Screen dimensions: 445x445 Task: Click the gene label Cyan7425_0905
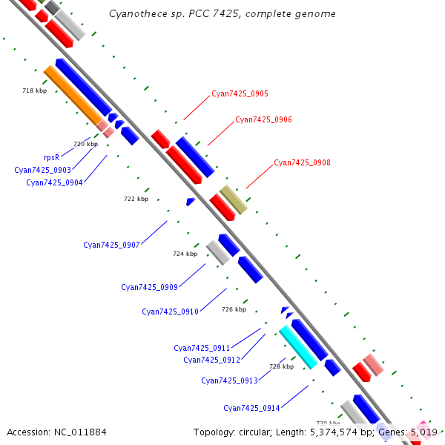pyautogui.click(x=240, y=93)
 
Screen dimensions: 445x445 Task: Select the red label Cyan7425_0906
pyautogui.click(x=263, y=119)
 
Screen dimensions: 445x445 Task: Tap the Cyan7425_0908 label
pyautogui.click(x=302, y=162)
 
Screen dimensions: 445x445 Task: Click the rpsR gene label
pyautogui.click(x=52, y=157)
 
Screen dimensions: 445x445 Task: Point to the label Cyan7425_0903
pyautogui.click(x=42, y=170)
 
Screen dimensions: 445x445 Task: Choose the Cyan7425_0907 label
pyautogui.click(x=111, y=245)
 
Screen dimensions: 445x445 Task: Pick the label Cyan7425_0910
pyautogui.click(x=171, y=311)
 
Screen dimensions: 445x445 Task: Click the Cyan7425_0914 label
pyautogui.click(x=251, y=408)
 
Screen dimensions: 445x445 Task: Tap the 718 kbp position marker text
pyautogui.click(x=35, y=90)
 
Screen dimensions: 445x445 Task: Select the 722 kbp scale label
pyautogui.click(x=136, y=199)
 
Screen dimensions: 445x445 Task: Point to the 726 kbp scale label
pyautogui.click(x=234, y=309)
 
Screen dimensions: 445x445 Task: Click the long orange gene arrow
pyautogui.click(x=73, y=95)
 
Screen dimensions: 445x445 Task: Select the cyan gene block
pyautogui.click(x=299, y=347)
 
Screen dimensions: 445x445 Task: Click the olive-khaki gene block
pyautogui.click(x=234, y=200)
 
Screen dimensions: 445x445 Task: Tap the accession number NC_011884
pyautogui.click(x=80, y=432)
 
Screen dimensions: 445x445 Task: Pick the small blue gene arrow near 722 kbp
pyautogui.click(x=191, y=202)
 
